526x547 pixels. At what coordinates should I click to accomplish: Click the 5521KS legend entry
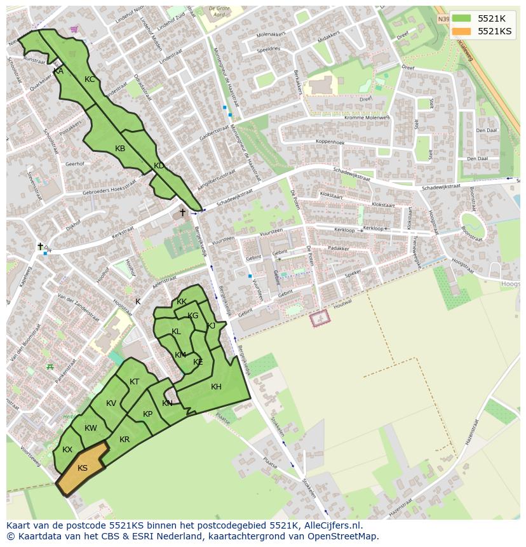[494, 31]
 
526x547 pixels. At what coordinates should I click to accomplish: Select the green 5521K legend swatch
[462, 18]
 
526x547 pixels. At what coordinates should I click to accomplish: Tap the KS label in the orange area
[83, 468]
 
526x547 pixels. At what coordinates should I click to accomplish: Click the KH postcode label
[216, 387]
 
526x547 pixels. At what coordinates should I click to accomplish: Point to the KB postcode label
[120, 149]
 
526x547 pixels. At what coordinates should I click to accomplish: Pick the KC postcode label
[90, 79]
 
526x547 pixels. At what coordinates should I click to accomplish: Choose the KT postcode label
[134, 382]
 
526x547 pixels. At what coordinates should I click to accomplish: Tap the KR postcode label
[125, 440]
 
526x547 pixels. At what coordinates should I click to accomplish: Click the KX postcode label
[67, 450]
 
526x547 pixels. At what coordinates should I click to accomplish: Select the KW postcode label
[90, 428]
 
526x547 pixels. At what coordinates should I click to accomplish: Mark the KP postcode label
[147, 414]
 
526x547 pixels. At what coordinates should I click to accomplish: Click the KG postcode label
[193, 316]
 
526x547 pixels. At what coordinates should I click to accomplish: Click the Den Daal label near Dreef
[486, 130]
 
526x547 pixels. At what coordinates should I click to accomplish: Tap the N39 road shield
[443, 20]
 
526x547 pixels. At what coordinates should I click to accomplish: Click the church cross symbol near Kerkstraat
[182, 212]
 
